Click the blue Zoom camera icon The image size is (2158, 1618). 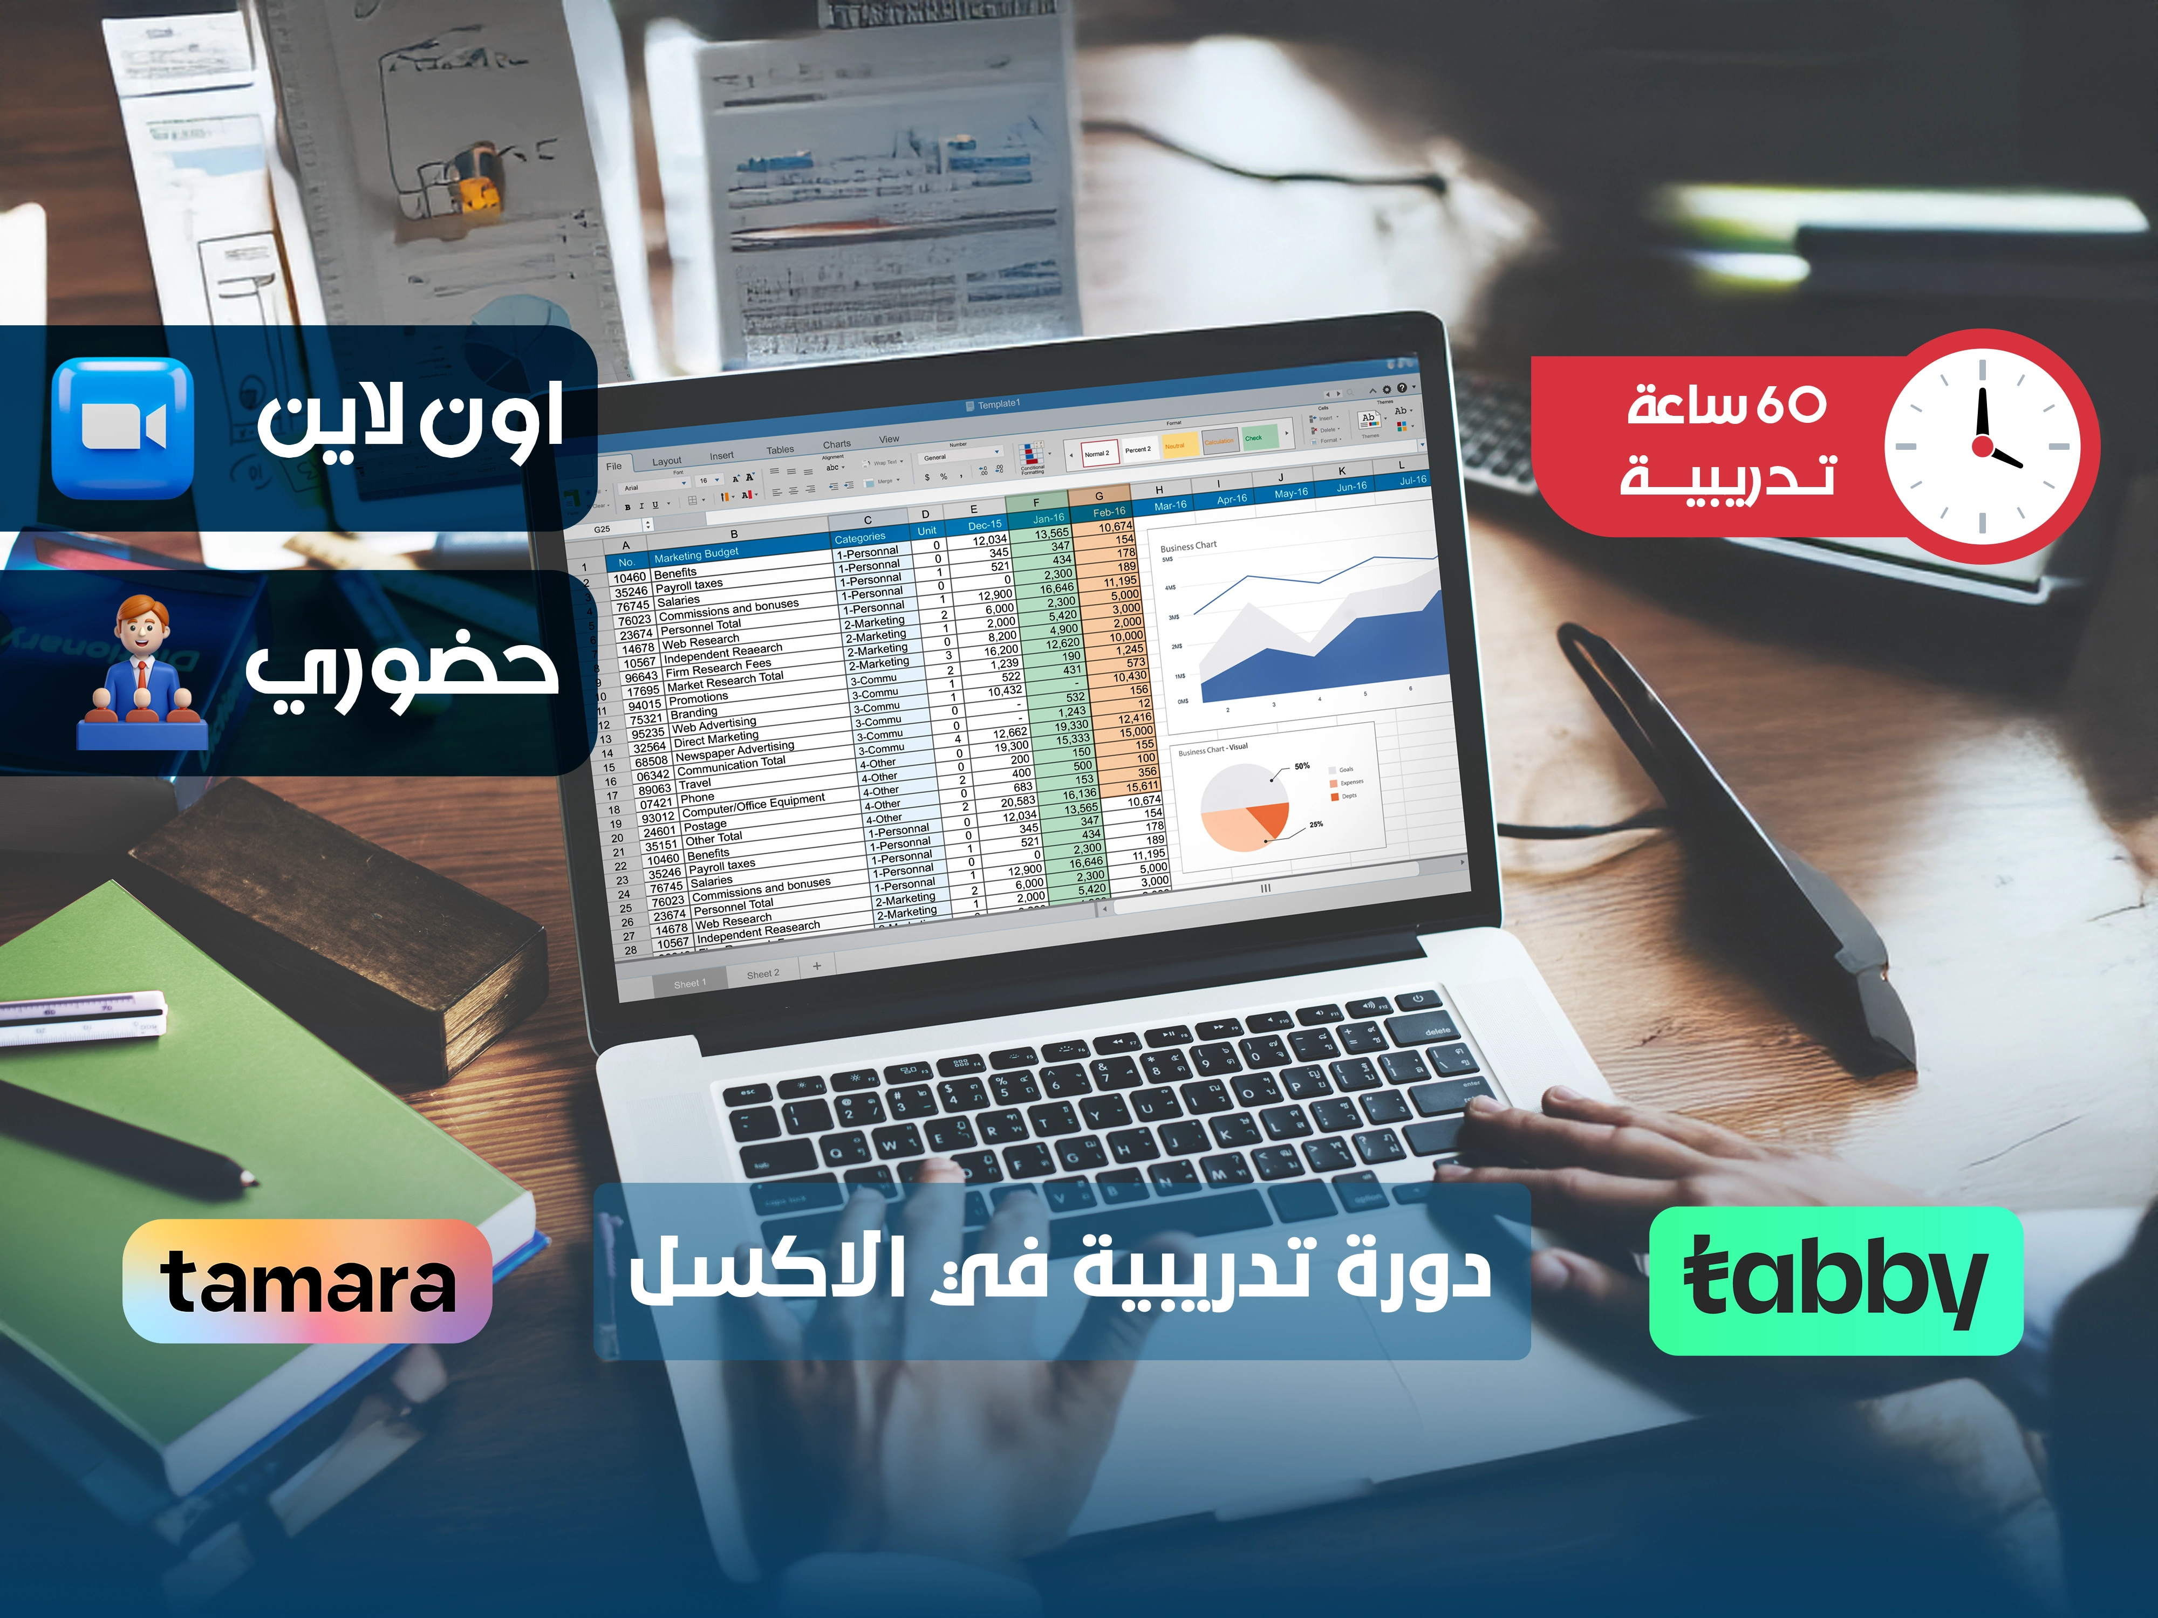(123, 428)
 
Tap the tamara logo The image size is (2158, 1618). (308, 1280)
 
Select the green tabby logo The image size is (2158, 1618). (1835, 1280)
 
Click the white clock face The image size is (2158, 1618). (1982, 447)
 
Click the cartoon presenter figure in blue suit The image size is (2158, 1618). (142, 673)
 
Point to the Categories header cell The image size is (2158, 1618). (859, 537)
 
